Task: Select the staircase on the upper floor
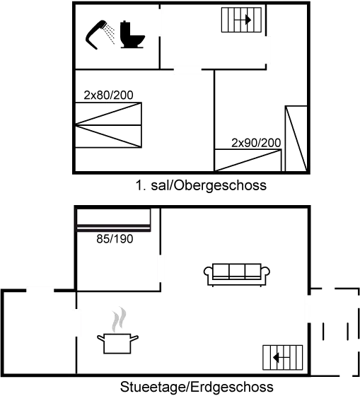[242, 20]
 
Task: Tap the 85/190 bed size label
[115, 239]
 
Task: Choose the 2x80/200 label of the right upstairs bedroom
[256, 142]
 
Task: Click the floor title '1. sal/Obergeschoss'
[201, 186]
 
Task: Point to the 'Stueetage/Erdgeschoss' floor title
[197, 388]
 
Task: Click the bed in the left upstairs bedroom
[108, 125]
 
